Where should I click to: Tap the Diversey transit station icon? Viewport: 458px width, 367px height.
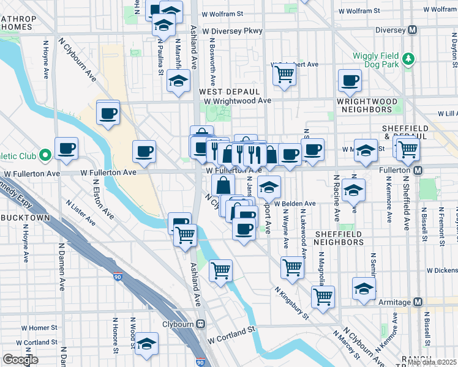click(413, 29)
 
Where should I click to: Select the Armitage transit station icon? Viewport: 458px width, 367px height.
click(418, 302)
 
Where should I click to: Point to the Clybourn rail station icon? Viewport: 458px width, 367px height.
click(200, 324)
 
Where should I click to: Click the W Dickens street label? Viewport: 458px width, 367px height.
click(442, 270)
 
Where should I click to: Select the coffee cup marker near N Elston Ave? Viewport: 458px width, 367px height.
click(66, 148)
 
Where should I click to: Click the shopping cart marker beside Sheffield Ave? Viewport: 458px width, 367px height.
click(407, 149)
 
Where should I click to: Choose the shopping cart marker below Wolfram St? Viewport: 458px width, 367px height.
click(283, 74)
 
